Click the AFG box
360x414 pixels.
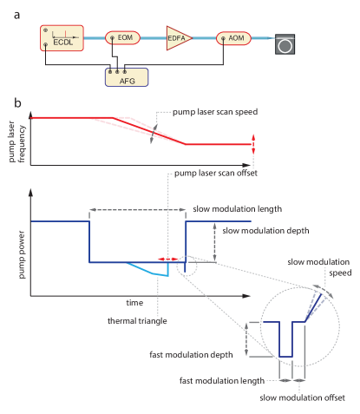125,76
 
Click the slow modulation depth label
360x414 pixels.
260,231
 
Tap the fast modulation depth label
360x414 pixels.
205,354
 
